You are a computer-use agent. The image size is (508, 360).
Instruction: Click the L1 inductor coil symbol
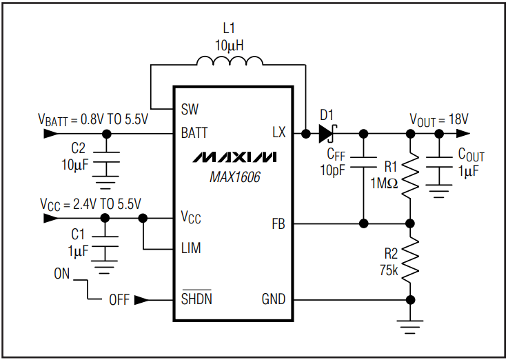click(x=229, y=63)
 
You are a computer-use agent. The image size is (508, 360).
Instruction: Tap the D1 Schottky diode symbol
click(x=327, y=133)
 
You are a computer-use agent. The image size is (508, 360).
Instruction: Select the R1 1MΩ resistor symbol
click(x=411, y=176)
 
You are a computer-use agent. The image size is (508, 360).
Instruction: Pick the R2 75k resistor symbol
click(x=411, y=260)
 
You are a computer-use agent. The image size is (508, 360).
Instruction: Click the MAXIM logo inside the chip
click(x=235, y=157)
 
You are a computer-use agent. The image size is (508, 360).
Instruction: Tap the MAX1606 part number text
click(x=235, y=177)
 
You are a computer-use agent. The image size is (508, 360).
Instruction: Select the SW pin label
click(x=190, y=110)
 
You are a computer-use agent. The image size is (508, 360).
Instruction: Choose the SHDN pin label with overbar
click(x=196, y=299)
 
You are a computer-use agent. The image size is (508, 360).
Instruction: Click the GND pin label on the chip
click(x=273, y=300)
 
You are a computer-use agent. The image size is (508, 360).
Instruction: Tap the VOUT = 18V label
click(x=439, y=119)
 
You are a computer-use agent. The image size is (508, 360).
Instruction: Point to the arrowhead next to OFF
click(x=141, y=300)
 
